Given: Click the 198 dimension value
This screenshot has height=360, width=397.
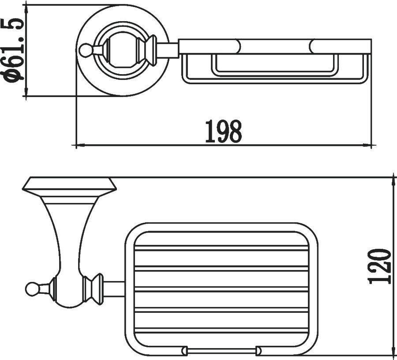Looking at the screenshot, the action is (223, 131).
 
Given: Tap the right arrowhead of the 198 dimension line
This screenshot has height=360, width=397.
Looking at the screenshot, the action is (367, 145).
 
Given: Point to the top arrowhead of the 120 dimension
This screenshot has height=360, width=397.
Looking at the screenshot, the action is (393, 181).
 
